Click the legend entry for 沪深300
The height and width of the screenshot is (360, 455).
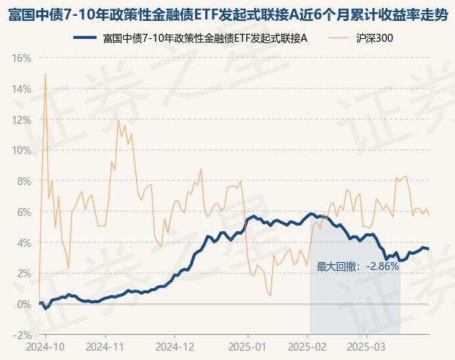click(x=374, y=37)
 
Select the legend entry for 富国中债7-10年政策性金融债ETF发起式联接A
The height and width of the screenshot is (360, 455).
click(x=205, y=37)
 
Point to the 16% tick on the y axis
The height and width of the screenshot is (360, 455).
click(x=22, y=58)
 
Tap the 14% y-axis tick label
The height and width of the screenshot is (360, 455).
click(x=22, y=89)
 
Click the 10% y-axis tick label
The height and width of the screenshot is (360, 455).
click(x=22, y=150)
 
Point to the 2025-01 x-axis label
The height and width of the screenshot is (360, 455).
click(x=247, y=346)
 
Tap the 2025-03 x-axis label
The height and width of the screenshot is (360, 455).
click(x=366, y=346)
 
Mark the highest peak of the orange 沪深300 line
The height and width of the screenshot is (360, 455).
click(x=45, y=73)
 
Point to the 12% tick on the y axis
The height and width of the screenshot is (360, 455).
click(x=22, y=120)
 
